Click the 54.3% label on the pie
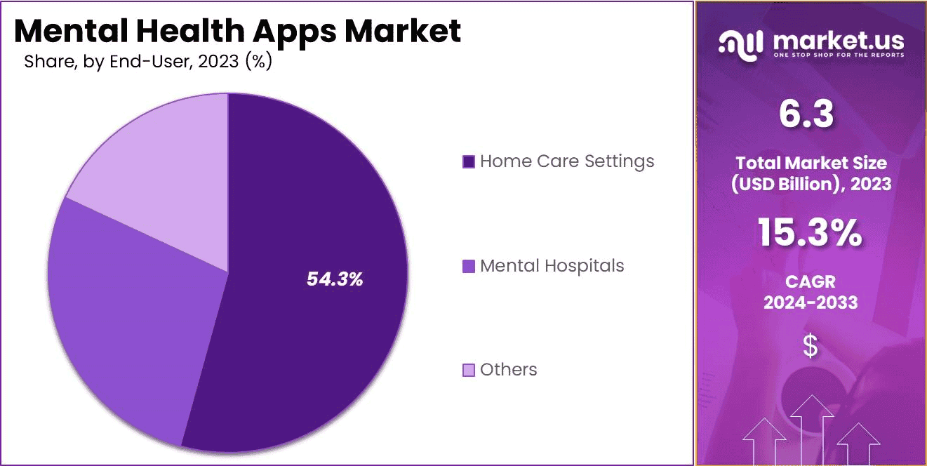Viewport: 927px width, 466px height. pyautogui.click(x=335, y=279)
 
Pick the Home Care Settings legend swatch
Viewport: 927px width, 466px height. pyautogui.click(x=469, y=162)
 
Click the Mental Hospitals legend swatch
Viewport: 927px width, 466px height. pyautogui.click(x=469, y=267)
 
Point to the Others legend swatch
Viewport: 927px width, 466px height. pyautogui.click(x=469, y=370)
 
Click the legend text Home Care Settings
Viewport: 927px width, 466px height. pyautogui.click(x=567, y=161)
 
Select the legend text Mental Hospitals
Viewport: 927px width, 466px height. pyautogui.click(x=552, y=266)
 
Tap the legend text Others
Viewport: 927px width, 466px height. pyautogui.click(x=509, y=370)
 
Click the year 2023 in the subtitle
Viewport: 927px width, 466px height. pyautogui.click(x=219, y=62)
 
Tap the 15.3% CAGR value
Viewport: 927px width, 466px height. pyautogui.click(x=810, y=233)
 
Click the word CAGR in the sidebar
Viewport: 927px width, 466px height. pyautogui.click(x=810, y=282)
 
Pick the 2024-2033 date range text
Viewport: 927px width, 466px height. pyautogui.click(x=810, y=302)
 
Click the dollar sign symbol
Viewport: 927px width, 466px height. pyautogui.click(x=811, y=346)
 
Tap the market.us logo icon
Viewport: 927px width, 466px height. pyautogui.click(x=740, y=44)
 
